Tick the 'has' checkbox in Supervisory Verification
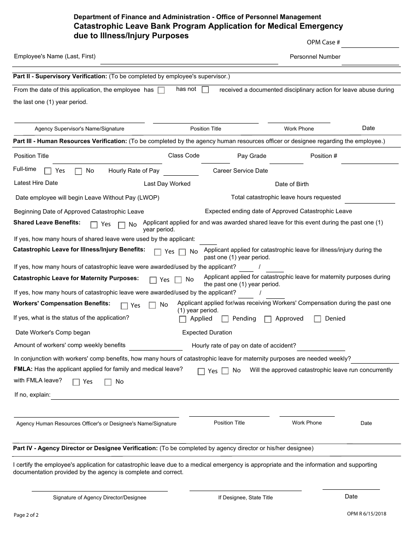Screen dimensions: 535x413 click(161, 90)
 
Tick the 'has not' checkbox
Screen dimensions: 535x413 click(205, 90)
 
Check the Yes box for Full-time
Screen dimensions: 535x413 click(48, 171)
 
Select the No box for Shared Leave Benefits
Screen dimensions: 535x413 click(122, 225)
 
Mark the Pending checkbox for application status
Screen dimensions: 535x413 click(225, 319)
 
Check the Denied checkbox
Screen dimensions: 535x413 click(317, 319)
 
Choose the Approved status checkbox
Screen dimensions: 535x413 click(268, 319)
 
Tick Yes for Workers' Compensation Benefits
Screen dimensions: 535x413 click(124, 306)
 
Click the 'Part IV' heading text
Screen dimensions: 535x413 click(85, 448)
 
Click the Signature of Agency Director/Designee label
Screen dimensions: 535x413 click(100, 498)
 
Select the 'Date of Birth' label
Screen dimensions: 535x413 click(292, 184)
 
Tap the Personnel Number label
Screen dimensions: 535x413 click(315, 57)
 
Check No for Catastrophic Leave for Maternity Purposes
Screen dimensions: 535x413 click(178, 280)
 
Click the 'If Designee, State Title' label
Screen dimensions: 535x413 click(246, 498)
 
